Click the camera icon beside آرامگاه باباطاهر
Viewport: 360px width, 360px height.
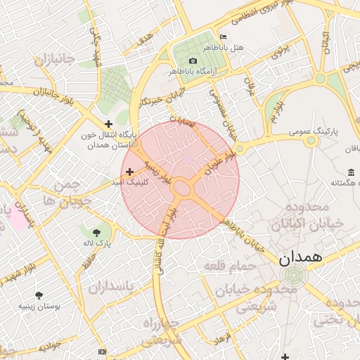coord(194,60)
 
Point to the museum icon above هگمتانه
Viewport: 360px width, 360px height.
coord(350,172)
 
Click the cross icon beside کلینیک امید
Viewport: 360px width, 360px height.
coord(129,172)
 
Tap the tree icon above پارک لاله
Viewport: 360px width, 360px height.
coord(96,231)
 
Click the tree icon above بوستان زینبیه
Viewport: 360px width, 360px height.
coord(39,295)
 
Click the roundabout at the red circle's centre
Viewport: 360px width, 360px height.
coord(183,188)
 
